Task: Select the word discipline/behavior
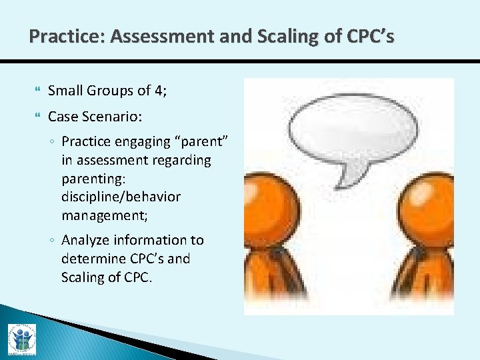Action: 121,197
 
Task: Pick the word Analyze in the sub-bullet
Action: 87,240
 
